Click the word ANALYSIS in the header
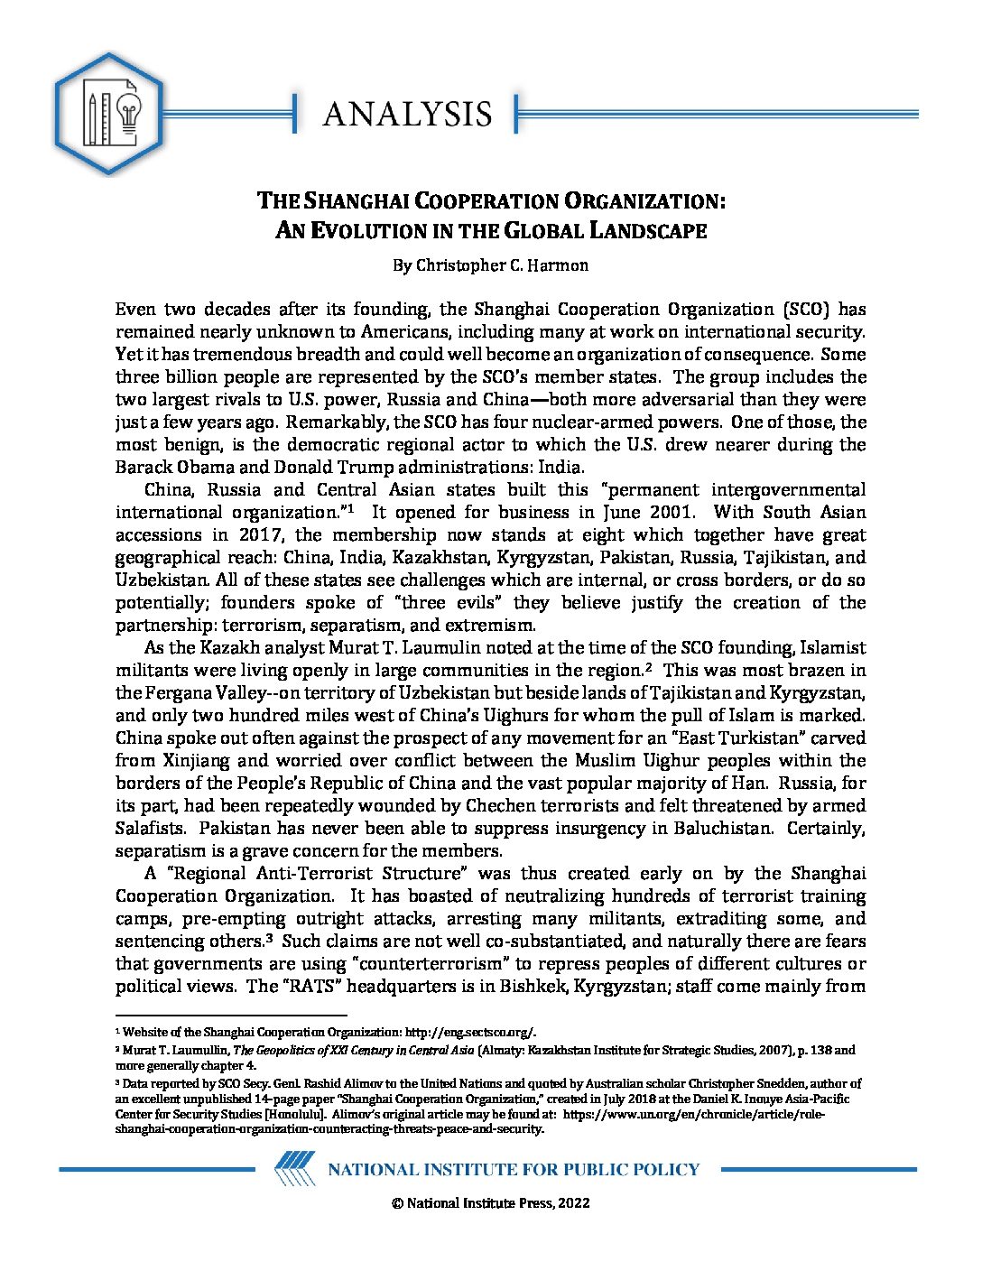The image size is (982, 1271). click(407, 115)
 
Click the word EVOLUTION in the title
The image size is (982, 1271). click(370, 231)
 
